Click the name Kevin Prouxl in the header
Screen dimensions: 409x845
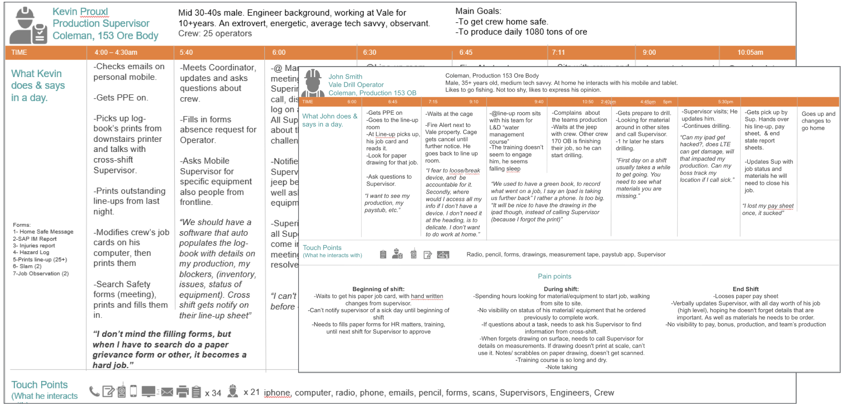(80, 12)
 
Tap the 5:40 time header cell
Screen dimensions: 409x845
(186, 53)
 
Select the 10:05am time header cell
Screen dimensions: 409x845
(750, 53)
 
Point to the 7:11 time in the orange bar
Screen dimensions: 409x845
(558, 53)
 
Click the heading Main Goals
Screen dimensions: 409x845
(478, 11)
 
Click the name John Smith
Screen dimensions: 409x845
(345, 77)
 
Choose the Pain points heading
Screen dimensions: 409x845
(554, 276)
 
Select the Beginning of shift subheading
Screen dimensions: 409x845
(378, 289)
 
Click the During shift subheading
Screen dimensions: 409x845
(561, 289)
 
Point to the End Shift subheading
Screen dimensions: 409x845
(746, 289)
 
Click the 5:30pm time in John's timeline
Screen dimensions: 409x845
(725, 102)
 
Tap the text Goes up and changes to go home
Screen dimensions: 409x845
(818, 121)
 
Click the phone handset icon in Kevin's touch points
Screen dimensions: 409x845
(94, 391)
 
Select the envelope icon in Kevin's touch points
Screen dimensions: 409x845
(167, 392)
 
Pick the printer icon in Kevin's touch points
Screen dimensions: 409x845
(182, 391)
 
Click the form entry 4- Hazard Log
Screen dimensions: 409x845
(31, 253)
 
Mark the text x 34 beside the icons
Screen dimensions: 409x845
(213, 393)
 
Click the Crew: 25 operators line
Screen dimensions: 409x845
(215, 34)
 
